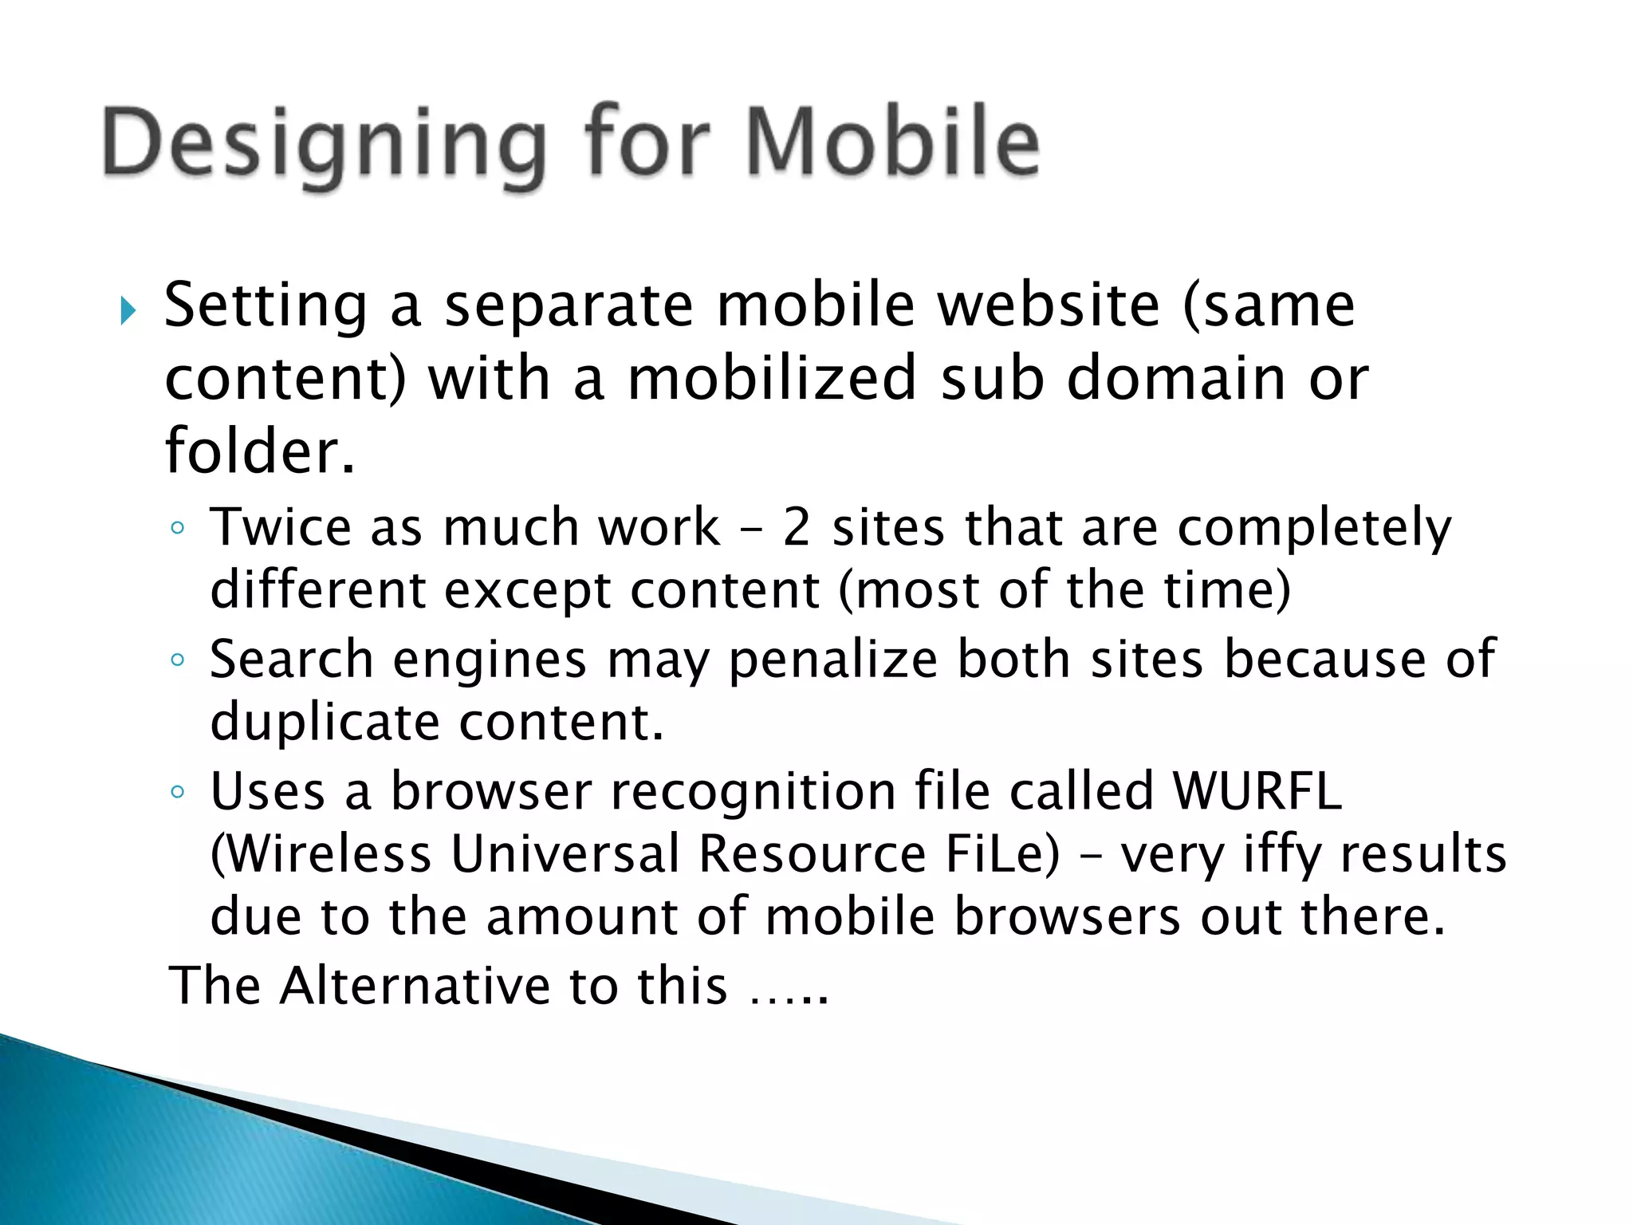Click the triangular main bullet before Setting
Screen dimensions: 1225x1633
(x=128, y=311)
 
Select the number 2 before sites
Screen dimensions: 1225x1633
(x=797, y=527)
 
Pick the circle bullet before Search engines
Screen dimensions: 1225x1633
(x=178, y=660)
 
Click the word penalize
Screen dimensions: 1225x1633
(x=833, y=660)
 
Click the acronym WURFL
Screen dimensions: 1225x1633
(x=1257, y=791)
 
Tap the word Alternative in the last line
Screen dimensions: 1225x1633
(x=414, y=986)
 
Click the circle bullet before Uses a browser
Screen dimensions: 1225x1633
(x=178, y=793)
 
